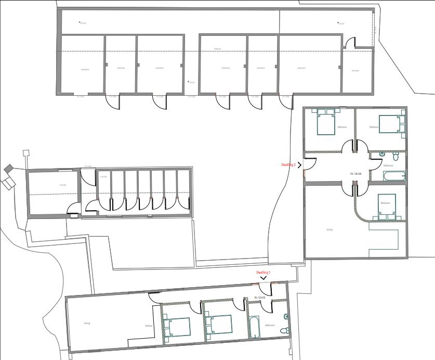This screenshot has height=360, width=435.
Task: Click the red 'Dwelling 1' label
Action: click(263, 273)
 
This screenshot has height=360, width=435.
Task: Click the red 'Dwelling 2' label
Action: click(288, 165)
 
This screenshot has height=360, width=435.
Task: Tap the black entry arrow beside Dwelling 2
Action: click(300, 165)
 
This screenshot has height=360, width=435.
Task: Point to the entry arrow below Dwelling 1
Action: click(263, 278)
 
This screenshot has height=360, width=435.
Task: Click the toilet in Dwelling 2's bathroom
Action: click(397, 155)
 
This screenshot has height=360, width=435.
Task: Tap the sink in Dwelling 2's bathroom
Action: click(383, 154)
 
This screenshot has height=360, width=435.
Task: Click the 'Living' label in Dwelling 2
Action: click(329, 229)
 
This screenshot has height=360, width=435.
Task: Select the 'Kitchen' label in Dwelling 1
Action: click(148, 326)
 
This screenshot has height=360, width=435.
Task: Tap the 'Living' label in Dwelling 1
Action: click(87, 323)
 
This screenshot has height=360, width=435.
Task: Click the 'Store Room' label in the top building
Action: click(355, 71)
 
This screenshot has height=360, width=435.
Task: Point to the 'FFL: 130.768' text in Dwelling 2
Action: click(356, 174)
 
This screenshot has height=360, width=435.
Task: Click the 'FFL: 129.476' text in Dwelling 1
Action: click(260, 298)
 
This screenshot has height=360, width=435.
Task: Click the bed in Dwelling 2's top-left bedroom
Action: click(326, 124)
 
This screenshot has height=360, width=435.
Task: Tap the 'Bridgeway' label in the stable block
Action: click(217, 49)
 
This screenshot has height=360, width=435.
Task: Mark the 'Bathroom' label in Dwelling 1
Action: click(270, 325)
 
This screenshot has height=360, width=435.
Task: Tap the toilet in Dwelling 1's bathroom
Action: click(284, 329)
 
